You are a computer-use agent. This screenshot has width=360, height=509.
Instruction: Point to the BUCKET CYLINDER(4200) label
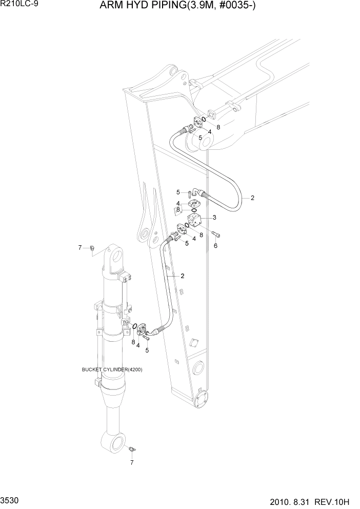[x=112, y=369]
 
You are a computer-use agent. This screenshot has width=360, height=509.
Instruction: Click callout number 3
[x=214, y=218]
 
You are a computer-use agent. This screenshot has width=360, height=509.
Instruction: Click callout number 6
[x=215, y=246]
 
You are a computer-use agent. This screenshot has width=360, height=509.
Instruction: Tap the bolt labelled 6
[x=217, y=235]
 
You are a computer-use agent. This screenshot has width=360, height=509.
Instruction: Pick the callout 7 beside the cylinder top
[x=80, y=248]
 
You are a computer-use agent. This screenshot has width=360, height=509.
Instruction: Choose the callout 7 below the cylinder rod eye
[x=131, y=462]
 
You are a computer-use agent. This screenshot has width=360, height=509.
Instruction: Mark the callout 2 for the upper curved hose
[x=252, y=198]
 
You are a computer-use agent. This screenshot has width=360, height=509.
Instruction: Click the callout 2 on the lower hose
[x=182, y=276]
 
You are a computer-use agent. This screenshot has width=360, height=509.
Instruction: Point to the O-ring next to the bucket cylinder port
[x=133, y=327]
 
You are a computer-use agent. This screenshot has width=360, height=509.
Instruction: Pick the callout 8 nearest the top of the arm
[x=218, y=127]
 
